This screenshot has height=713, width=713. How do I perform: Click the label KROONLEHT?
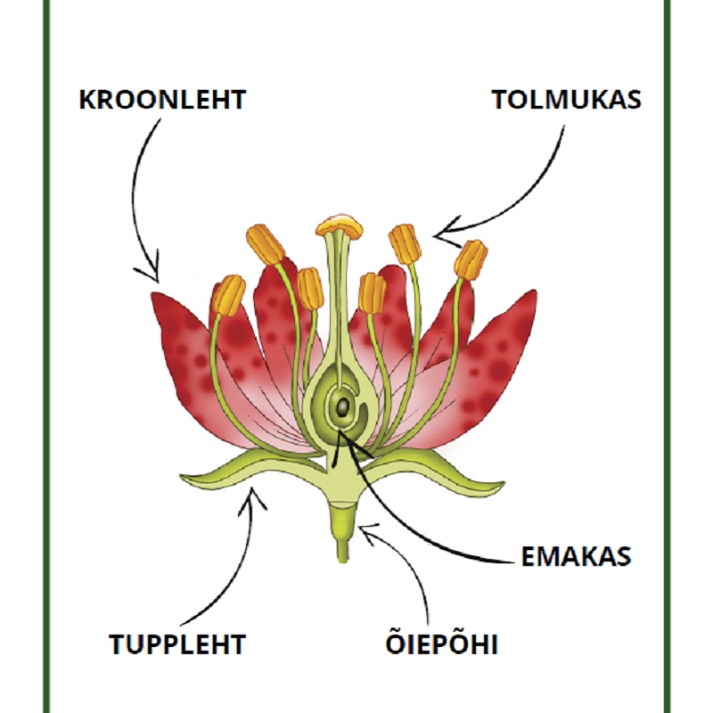[x=162, y=99]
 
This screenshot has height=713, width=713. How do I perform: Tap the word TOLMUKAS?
[x=567, y=99]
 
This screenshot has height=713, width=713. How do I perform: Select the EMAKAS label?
[x=576, y=556]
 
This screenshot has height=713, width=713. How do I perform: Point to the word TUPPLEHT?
[x=177, y=643]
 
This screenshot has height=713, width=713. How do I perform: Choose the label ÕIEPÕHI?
[x=438, y=643]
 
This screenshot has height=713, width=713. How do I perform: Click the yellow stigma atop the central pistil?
[x=340, y=225]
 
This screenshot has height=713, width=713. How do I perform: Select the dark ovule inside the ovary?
[x=341, y=408]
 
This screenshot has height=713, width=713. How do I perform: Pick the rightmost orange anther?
[x=471, y=258]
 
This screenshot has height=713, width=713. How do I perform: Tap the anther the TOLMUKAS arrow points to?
[x=406, y=243]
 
